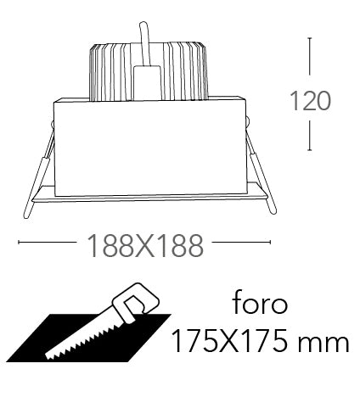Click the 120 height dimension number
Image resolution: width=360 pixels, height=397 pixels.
tap(310, 101)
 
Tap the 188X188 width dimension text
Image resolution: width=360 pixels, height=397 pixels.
tap(145, 246)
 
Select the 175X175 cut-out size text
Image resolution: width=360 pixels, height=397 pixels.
tap(230, 341)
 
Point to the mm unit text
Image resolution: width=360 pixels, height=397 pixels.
tap(323, 344)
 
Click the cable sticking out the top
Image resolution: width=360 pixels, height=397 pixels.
tap(145, 44)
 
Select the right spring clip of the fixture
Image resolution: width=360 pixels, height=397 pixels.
tap(261, 167)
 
